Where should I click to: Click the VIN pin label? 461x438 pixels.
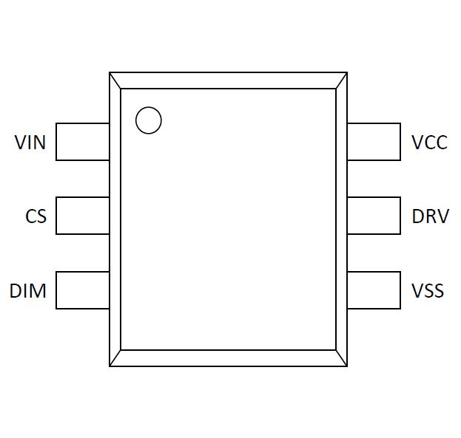click(30, 142)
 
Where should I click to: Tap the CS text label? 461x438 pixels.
click(36, 216)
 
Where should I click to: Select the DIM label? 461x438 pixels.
click(28, 290)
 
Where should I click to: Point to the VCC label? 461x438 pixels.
click(430, 142)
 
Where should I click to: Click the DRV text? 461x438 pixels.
click(430, 216)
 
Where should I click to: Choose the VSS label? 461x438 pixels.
click(428, 290)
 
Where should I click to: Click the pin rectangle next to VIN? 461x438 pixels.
click(82, 142)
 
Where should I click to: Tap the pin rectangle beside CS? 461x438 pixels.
click(82, 216)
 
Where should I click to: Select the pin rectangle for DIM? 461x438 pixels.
click(82, 290)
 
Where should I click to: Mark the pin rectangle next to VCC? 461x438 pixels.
click(374, 142)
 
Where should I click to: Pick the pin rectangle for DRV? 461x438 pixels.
click(374, 216)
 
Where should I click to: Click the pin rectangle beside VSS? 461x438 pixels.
click(374, 290)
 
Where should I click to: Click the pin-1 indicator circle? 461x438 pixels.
click(149, 120)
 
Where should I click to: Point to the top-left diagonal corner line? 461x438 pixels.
click(115, 81)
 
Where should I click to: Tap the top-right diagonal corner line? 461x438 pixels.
click(341, 81)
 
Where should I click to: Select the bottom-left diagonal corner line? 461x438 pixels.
click(115, 358)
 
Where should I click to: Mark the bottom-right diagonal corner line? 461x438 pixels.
click(341, 358)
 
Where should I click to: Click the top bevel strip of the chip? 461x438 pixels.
click(228, 81)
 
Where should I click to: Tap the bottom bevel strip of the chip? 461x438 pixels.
click(228, 358)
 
